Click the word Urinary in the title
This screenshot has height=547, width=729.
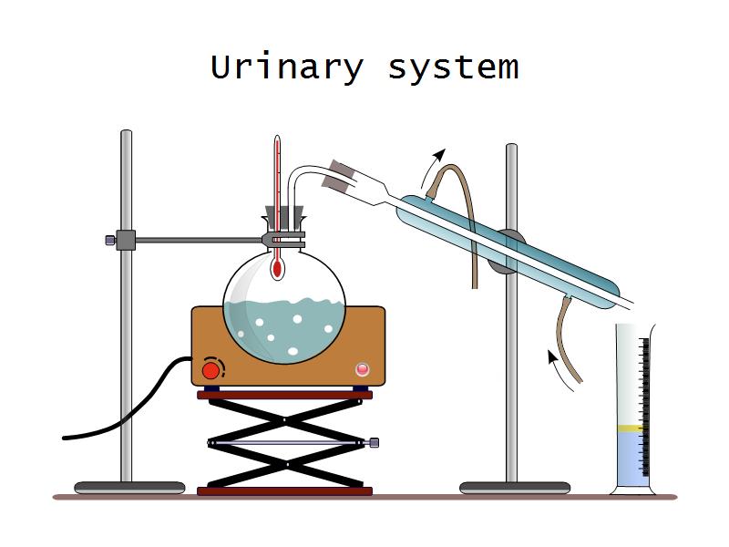pyautogui.click(x=286, y=67)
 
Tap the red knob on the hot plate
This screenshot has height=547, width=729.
pyautogui.click(x=211, y=369)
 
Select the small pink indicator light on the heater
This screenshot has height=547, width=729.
pyautogui.click(x=363, y=369)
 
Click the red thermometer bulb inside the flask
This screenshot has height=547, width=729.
pyautogui.click(x=277, y=268)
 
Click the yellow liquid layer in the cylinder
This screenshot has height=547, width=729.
pyautogui.click(x=630, y=428)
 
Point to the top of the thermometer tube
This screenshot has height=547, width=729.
pyautogui.click(x=277, y=142)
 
